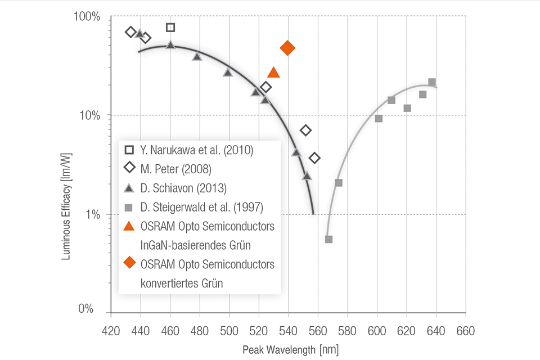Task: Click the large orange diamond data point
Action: (x=287, y=48)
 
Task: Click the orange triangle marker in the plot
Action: (x=273, y=72)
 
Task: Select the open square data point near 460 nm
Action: (x=170, y=28)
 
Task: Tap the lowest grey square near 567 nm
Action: (x=328, y=239)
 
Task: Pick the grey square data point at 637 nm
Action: (x=432, y=82)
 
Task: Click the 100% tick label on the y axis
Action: (x=88, y=17)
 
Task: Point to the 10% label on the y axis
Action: (x=91, y=115)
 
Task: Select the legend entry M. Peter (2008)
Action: (x=172, y=168)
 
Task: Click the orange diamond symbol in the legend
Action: (x=129, y=263)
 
